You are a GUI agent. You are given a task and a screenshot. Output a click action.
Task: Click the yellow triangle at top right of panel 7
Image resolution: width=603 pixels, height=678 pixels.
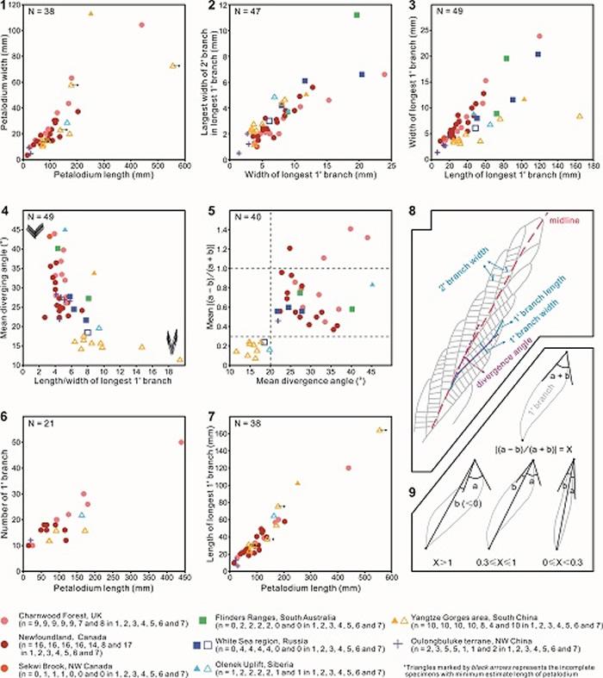coord(379,430)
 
